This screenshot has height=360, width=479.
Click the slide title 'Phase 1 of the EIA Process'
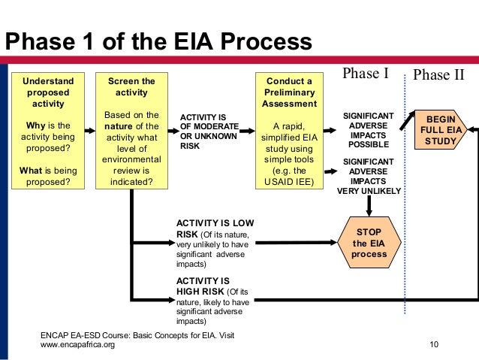tap(158, 43)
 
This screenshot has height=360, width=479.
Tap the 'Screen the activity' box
tap(131, 130)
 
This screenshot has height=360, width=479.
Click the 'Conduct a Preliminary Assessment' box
tap(290, 130)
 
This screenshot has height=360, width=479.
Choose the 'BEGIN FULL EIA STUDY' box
tap(440, 130)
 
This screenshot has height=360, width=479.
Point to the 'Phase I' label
tap(365, 74)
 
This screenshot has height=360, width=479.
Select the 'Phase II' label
tap(439, 74)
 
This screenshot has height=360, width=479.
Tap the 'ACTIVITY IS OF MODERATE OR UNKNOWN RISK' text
tap(209, 132)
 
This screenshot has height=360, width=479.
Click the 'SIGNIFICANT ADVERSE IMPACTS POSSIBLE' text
tap(369, 130)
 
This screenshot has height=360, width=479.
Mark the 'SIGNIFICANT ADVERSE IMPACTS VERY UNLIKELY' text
tap(369, 176)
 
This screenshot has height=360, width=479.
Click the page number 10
tap(434, 345)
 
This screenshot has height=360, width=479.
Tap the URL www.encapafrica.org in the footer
tap(77, 345)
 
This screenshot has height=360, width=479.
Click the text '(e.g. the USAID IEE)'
tap(290, 176)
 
